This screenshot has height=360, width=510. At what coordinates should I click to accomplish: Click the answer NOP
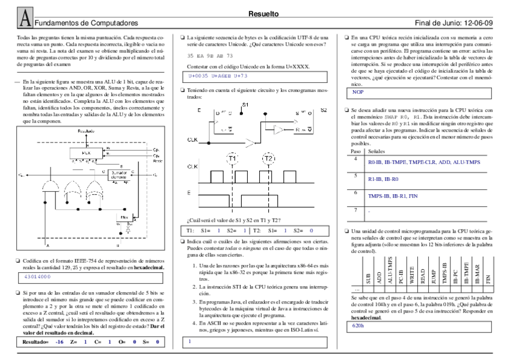[x=358, y=92]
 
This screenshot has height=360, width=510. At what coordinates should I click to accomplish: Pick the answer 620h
[x=358, y=325]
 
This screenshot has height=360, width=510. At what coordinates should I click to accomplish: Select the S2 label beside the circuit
[x=324, y=110]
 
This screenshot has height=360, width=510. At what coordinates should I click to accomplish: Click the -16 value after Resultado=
[x=59, y=342]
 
